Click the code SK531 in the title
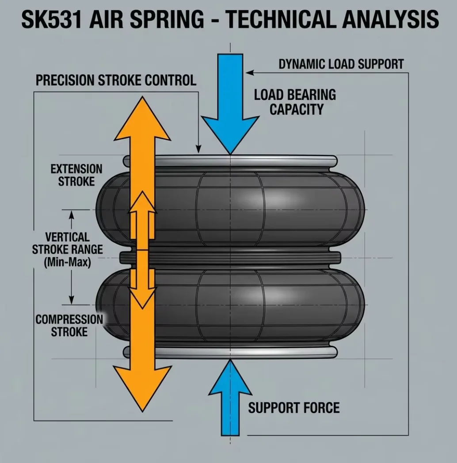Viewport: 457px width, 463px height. coord(51,19)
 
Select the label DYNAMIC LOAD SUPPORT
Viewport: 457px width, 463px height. coord(341,64)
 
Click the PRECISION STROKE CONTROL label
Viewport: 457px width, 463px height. coord(116,80)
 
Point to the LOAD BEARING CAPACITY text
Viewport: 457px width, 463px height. coord(295,102)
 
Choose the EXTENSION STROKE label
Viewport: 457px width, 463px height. coord(76,175)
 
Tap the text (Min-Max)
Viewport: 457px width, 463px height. coord(67,262)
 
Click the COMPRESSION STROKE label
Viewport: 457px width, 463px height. coord(69,326)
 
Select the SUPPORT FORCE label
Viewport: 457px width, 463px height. coord(293,408)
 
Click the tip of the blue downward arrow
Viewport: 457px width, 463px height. coord(230,154)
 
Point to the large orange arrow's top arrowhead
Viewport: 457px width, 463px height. coord(142,118)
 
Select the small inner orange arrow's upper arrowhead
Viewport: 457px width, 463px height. coord(142,202)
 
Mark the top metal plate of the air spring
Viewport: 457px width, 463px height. coord(230,161)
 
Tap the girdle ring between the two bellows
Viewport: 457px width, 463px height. coord(230,258)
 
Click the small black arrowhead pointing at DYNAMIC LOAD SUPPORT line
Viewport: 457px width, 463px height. coord(250,72)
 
